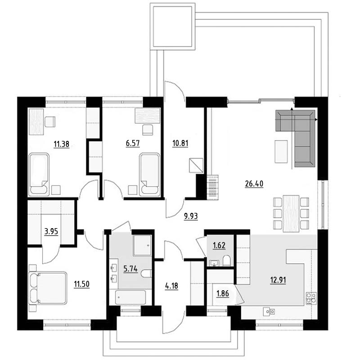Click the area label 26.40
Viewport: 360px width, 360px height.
(254, 184)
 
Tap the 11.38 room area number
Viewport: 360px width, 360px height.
(62, 144)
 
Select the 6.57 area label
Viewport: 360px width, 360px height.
(133, 144)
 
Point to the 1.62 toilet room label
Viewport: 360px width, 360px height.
(219, 245)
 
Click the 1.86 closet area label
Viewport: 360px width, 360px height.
(222, 293)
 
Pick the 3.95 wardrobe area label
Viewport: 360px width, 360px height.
(51, 232)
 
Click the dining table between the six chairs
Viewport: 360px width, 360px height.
(291, 213)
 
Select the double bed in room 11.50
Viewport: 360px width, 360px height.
(48, 288)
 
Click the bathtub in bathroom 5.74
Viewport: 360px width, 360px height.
(130, 297)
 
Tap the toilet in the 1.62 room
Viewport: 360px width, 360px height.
(226, 261)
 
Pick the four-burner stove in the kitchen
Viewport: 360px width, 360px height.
(311, 298)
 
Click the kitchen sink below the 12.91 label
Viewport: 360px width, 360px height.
(269, 311)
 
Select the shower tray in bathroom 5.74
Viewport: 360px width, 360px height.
(142, 245)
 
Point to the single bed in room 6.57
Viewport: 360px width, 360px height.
(150, 175)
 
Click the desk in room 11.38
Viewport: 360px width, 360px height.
(36, 121)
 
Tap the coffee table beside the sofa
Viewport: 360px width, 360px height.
(281, 152)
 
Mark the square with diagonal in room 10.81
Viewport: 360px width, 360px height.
(196, 165)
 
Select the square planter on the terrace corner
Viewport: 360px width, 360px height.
(172, 27)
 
